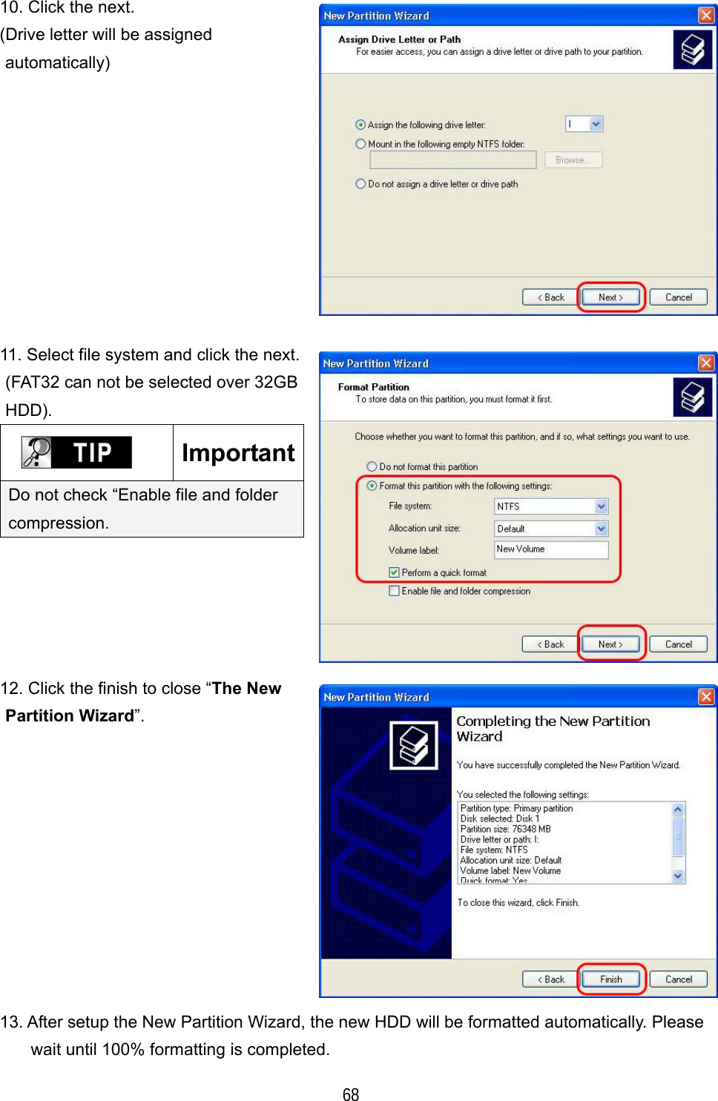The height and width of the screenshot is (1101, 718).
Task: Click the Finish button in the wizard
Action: [x=611, y=979]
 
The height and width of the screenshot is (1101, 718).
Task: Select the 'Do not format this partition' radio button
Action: [x=372, y=466]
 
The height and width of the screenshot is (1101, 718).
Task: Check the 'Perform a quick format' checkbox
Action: [x=395, y=572]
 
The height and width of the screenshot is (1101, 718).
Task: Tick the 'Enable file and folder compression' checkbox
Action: [x=395, y=591]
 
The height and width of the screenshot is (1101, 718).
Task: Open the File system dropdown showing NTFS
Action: [x=601, y=506]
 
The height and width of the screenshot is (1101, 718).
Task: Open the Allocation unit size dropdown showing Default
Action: [x=601, y=529]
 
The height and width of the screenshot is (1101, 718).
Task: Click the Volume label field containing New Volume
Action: [x=550, y=549]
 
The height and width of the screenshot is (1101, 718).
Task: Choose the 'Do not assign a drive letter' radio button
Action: [x=361, y=184]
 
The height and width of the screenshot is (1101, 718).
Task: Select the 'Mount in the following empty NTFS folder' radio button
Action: [x=361, y=144]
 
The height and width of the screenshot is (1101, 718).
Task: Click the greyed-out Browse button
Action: [x=573, y=160]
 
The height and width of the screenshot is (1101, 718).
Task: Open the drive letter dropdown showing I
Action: [x=596, y=124]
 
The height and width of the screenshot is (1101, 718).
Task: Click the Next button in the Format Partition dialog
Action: [x=610, y=644]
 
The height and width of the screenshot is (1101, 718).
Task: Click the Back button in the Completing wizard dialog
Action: [x=551, y=979]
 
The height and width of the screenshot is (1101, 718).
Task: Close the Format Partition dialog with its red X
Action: [x=706, y=363]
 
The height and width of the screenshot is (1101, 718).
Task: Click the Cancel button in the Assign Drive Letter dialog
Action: [x=678, y=297]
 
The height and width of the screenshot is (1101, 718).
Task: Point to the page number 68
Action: [x=351, y=1094]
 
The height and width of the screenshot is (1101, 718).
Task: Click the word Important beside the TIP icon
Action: [x=238, y=453]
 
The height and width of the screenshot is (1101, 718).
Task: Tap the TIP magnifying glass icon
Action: [x=37, y=452]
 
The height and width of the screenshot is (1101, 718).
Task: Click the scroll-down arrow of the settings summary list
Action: [x=678, y=876]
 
